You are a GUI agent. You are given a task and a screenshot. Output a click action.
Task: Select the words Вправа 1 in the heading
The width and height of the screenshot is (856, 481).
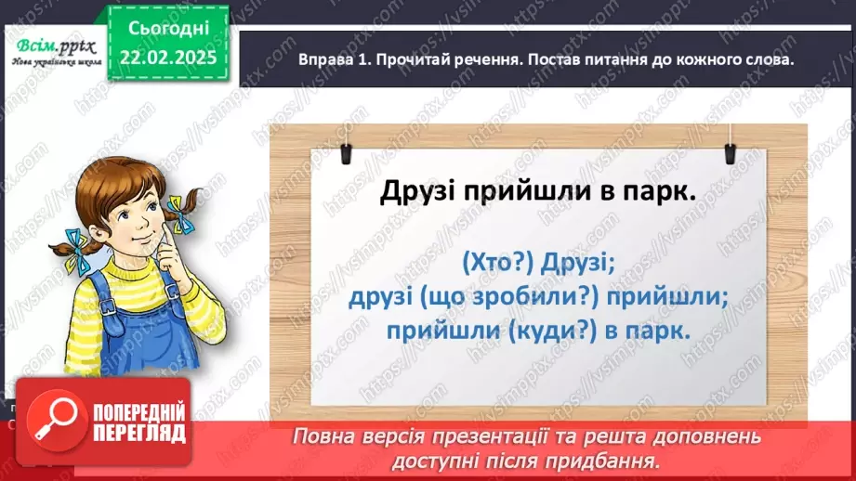[331, 59]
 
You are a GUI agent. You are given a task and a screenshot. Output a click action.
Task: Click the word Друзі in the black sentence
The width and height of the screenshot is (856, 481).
[415, 192]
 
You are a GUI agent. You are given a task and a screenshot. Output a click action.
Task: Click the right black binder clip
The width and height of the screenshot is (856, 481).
[730, 145]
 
